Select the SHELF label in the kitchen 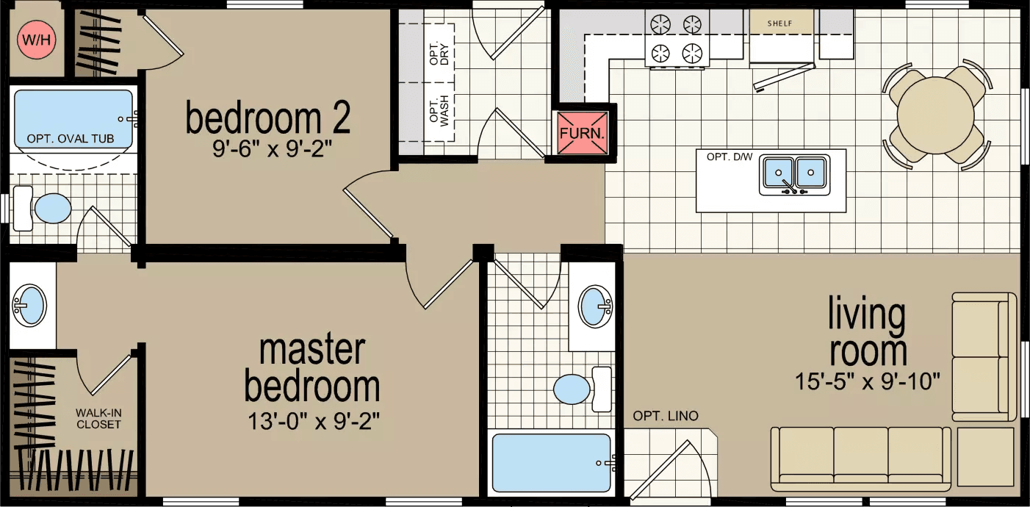779,24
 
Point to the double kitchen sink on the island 794,173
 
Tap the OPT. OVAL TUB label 71,139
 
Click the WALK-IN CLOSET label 98,419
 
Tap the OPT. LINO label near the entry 666,416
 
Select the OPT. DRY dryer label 439,51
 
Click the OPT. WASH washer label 439,109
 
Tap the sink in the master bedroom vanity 29,306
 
